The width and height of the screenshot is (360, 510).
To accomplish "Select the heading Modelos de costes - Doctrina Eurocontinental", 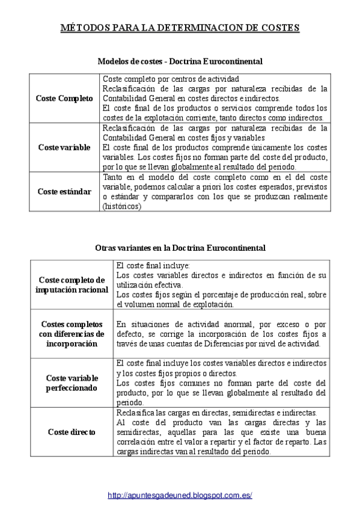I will (x=180, y=61).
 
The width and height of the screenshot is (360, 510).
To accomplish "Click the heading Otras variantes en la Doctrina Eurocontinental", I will (x=180, y=248).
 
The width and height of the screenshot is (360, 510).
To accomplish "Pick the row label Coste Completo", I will (x=64, y=98).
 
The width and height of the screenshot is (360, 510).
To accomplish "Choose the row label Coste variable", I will (x=64, y=147).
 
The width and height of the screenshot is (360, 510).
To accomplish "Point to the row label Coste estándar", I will (x=64, y=191).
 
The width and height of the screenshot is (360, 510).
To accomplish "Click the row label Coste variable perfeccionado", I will (x=72, y=382).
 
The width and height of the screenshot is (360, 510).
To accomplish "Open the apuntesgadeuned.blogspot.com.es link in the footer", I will (x=180, y=495).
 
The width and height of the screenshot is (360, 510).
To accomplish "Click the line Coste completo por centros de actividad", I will (x=171, y=79).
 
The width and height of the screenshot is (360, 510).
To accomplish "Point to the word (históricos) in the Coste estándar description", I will (x=122, y=206).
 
